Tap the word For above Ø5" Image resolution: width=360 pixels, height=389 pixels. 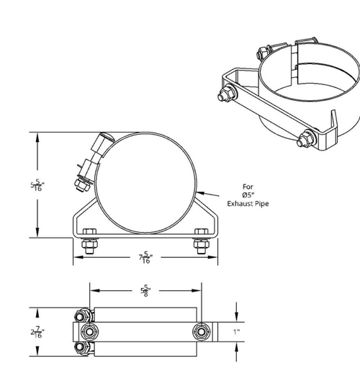pos(248,185)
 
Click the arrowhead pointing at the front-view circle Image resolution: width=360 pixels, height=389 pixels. pos(199,191)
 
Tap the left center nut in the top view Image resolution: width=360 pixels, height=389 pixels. pos(90,331)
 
